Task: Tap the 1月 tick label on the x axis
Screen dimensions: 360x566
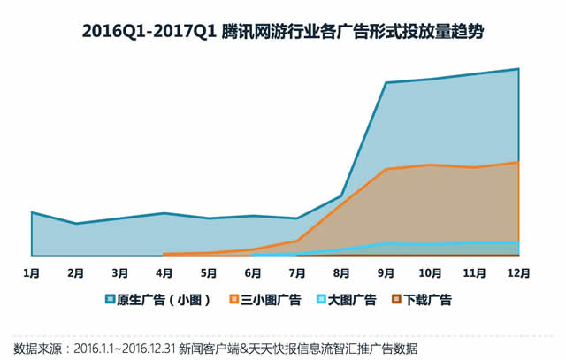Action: pyautogui.click(x=31, y=273)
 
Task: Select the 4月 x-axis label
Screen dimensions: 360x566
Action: pyautogui.click(x=164, y=273)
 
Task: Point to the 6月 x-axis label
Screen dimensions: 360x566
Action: pyautogui.click(x=252, y=273)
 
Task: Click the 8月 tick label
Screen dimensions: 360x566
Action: pyautogui.click(x=341, y=273)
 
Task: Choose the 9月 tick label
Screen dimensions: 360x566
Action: pyautogui.click(x=386, y=273)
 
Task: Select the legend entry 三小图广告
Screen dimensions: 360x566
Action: pyautogui.click(x=271, y=300)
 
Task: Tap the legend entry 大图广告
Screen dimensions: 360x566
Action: pyautogui.click(x=351, y=300)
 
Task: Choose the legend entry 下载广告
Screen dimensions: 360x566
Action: pyautogui.click(x=426, y=300)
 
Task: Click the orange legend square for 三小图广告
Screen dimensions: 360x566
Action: pyautogui.click(x=234, y=300)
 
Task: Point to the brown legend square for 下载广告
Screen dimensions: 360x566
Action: pyautogui.click(x=396, y=300)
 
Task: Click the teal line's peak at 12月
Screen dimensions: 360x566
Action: pyautogui.click(x=518, y=68)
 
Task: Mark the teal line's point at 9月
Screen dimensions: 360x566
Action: pyautogui.click(x=386, y=83)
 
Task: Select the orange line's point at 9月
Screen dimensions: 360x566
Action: pyautogui.click(x=386, y=169)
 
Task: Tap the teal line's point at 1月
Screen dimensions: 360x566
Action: pyautogui.click(x=31, y=212)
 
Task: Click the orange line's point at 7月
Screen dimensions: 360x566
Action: pyautogui.click(x=297, y=241)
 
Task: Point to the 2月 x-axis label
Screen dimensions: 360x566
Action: pyautogui.click(x=75, y=273)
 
